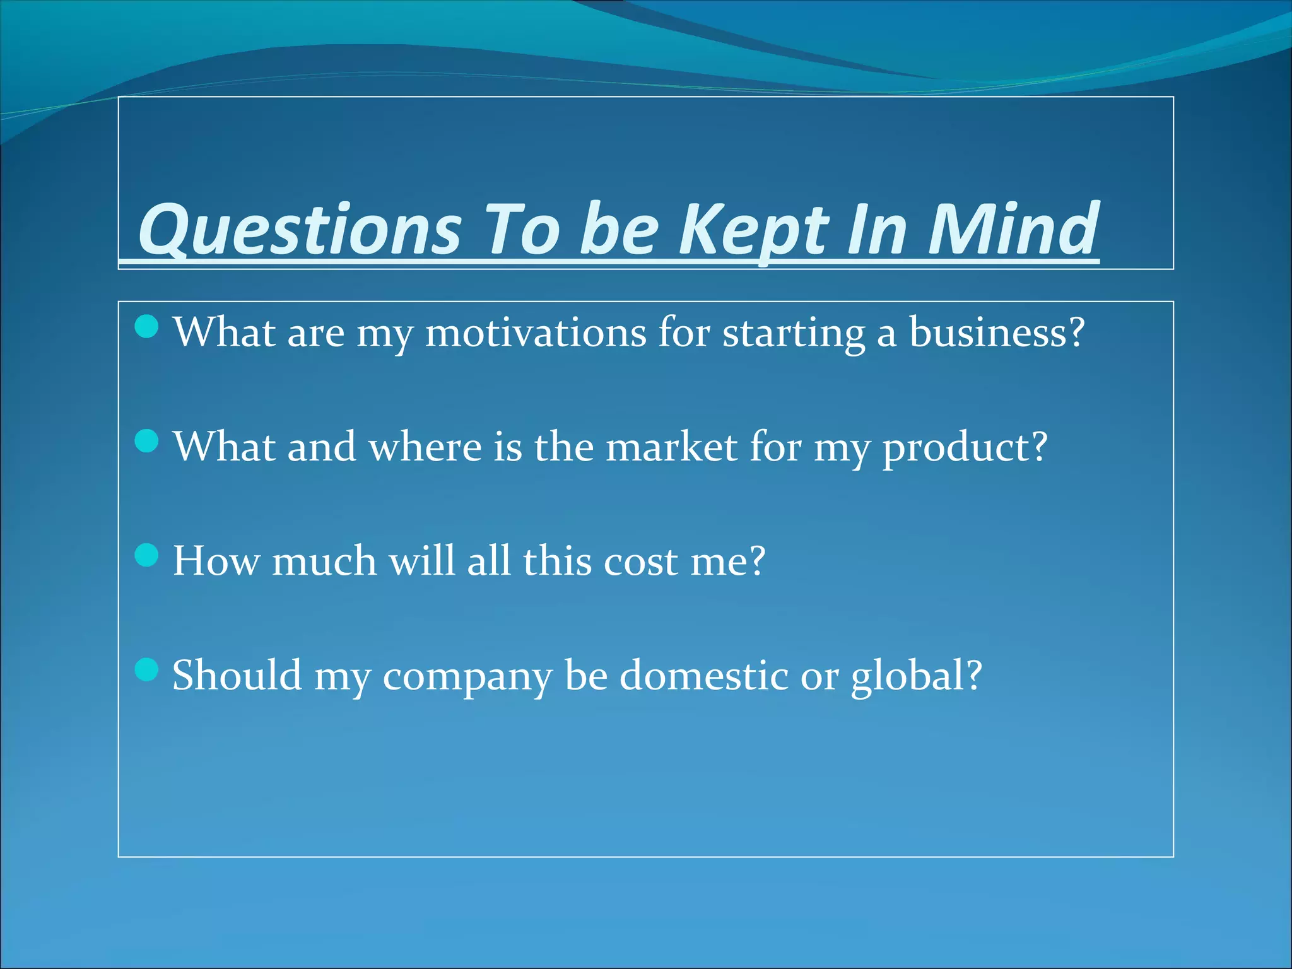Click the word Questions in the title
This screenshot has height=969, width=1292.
[300, 230]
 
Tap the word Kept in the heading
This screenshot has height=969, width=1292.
[754, 230]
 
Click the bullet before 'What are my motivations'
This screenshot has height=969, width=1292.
[147, 327]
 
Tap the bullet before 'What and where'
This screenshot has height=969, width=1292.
[147, 441]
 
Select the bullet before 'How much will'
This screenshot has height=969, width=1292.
[147, 556]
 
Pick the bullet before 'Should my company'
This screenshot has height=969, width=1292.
[147, 669]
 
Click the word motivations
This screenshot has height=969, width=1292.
[536, 332]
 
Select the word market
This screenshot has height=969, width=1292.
[671, 447]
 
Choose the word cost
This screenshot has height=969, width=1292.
[640, 561]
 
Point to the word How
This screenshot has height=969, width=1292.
[216, 560]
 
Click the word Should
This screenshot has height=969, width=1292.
[237, 674]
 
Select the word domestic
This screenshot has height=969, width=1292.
[703, 674]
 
